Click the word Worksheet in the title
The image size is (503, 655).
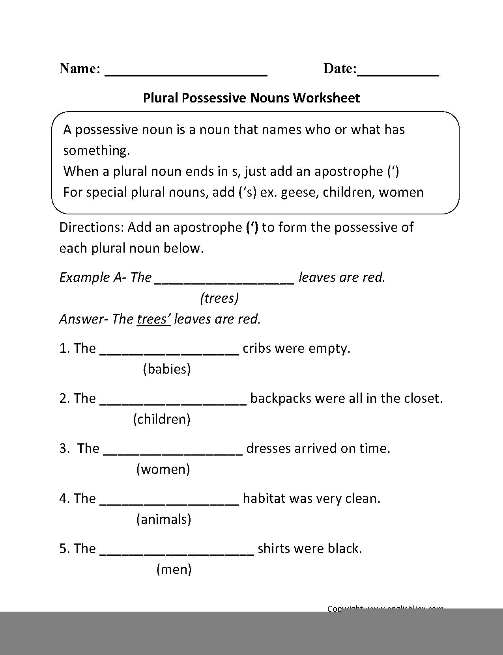[x=326, y=98]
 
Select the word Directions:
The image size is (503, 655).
[x=92, y=227]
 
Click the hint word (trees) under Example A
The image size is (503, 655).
[x=219, y=298]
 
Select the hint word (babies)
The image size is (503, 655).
[x=167, y=369]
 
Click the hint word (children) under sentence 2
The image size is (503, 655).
[x=162, y=419]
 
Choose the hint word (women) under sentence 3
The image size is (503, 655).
[x=163, y=469]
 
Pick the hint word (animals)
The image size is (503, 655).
[x=164, y=519]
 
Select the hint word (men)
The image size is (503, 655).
[x=174, y=569]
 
